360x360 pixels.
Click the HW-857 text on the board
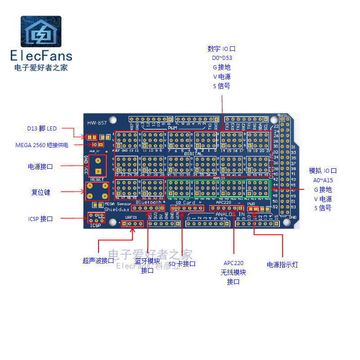pos(97,122)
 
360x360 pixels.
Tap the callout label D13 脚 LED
pos(42,129)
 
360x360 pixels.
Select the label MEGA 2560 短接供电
pos(41,145)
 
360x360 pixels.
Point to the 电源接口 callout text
pos(40,166)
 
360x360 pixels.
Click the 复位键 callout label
pos(40,192)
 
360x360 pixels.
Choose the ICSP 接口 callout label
pos(40,219)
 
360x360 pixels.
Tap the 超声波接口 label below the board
pos(98,261)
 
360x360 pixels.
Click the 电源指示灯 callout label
pos(282,265)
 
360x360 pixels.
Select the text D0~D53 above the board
pos(222,58)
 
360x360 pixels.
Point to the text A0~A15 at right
pos(323,180)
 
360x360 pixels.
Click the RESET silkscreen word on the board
pos(97,180)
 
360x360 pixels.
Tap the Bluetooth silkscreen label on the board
pos(148,202)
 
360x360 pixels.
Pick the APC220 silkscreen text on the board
pos(224,202)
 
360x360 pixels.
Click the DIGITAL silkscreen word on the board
pos(193,153)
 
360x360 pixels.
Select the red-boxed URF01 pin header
pos(132,224)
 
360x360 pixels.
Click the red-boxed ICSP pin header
pos(96,218)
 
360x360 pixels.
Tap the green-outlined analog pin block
pos(219,189)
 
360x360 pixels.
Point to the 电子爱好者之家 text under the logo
pos(41,67)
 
